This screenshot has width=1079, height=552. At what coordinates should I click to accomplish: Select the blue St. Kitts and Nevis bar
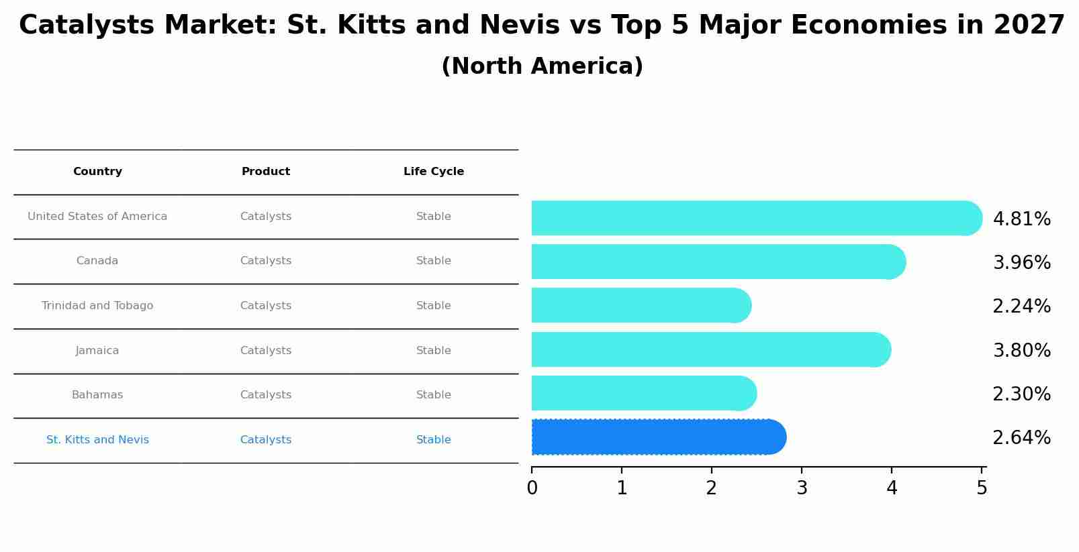tap(658, 437)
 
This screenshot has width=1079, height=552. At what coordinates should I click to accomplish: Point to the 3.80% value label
tap(1021, 351)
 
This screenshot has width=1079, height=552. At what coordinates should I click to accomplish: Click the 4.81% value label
tap(1021, 219)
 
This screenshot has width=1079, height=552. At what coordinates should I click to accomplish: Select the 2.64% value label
tap(1021, 438)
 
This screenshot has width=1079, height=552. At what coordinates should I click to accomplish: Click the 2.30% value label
tap(1021, 394)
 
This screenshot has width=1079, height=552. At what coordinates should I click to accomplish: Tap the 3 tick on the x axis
tap(802, 488)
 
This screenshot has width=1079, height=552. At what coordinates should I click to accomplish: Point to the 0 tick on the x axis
tap(532, 488)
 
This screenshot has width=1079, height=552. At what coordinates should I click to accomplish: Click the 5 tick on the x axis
tap(982, 488)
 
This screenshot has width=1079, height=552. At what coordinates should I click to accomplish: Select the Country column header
tap(97, 172)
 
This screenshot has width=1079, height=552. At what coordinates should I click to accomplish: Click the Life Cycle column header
tap(434, 172)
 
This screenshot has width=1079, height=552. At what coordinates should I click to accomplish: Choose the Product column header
tap(266, 172)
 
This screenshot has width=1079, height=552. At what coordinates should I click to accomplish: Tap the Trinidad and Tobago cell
tap(97, 306)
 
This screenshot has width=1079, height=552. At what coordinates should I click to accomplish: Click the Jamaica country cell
tap(97, 351)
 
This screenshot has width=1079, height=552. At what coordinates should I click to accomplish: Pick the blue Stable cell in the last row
tap(434, 440)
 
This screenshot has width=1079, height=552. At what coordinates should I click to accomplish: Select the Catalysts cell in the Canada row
tap(266, 261)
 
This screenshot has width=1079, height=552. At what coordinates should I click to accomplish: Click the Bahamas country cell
tap(97, 395)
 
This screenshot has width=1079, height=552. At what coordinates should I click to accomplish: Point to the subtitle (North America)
tap(542, 66)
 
